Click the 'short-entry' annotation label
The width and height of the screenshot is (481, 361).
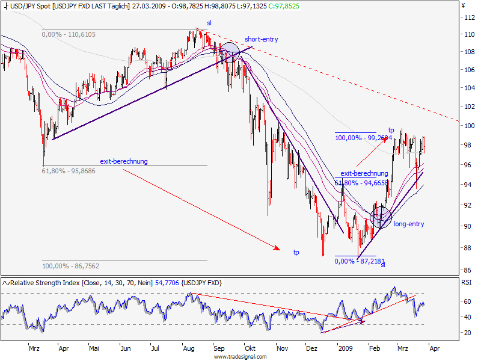262,39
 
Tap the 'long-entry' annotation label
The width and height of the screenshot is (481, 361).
409,224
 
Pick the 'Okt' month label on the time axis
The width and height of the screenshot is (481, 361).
251,348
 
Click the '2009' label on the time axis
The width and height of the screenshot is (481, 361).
345,348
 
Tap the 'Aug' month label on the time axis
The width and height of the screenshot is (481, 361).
188,348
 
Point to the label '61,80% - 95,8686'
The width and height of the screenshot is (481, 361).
69,171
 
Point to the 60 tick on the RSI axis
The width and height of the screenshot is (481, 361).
465,301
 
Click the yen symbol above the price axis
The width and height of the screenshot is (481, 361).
464,5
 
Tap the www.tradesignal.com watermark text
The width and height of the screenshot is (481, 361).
240,356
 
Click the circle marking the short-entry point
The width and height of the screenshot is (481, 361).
229,53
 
